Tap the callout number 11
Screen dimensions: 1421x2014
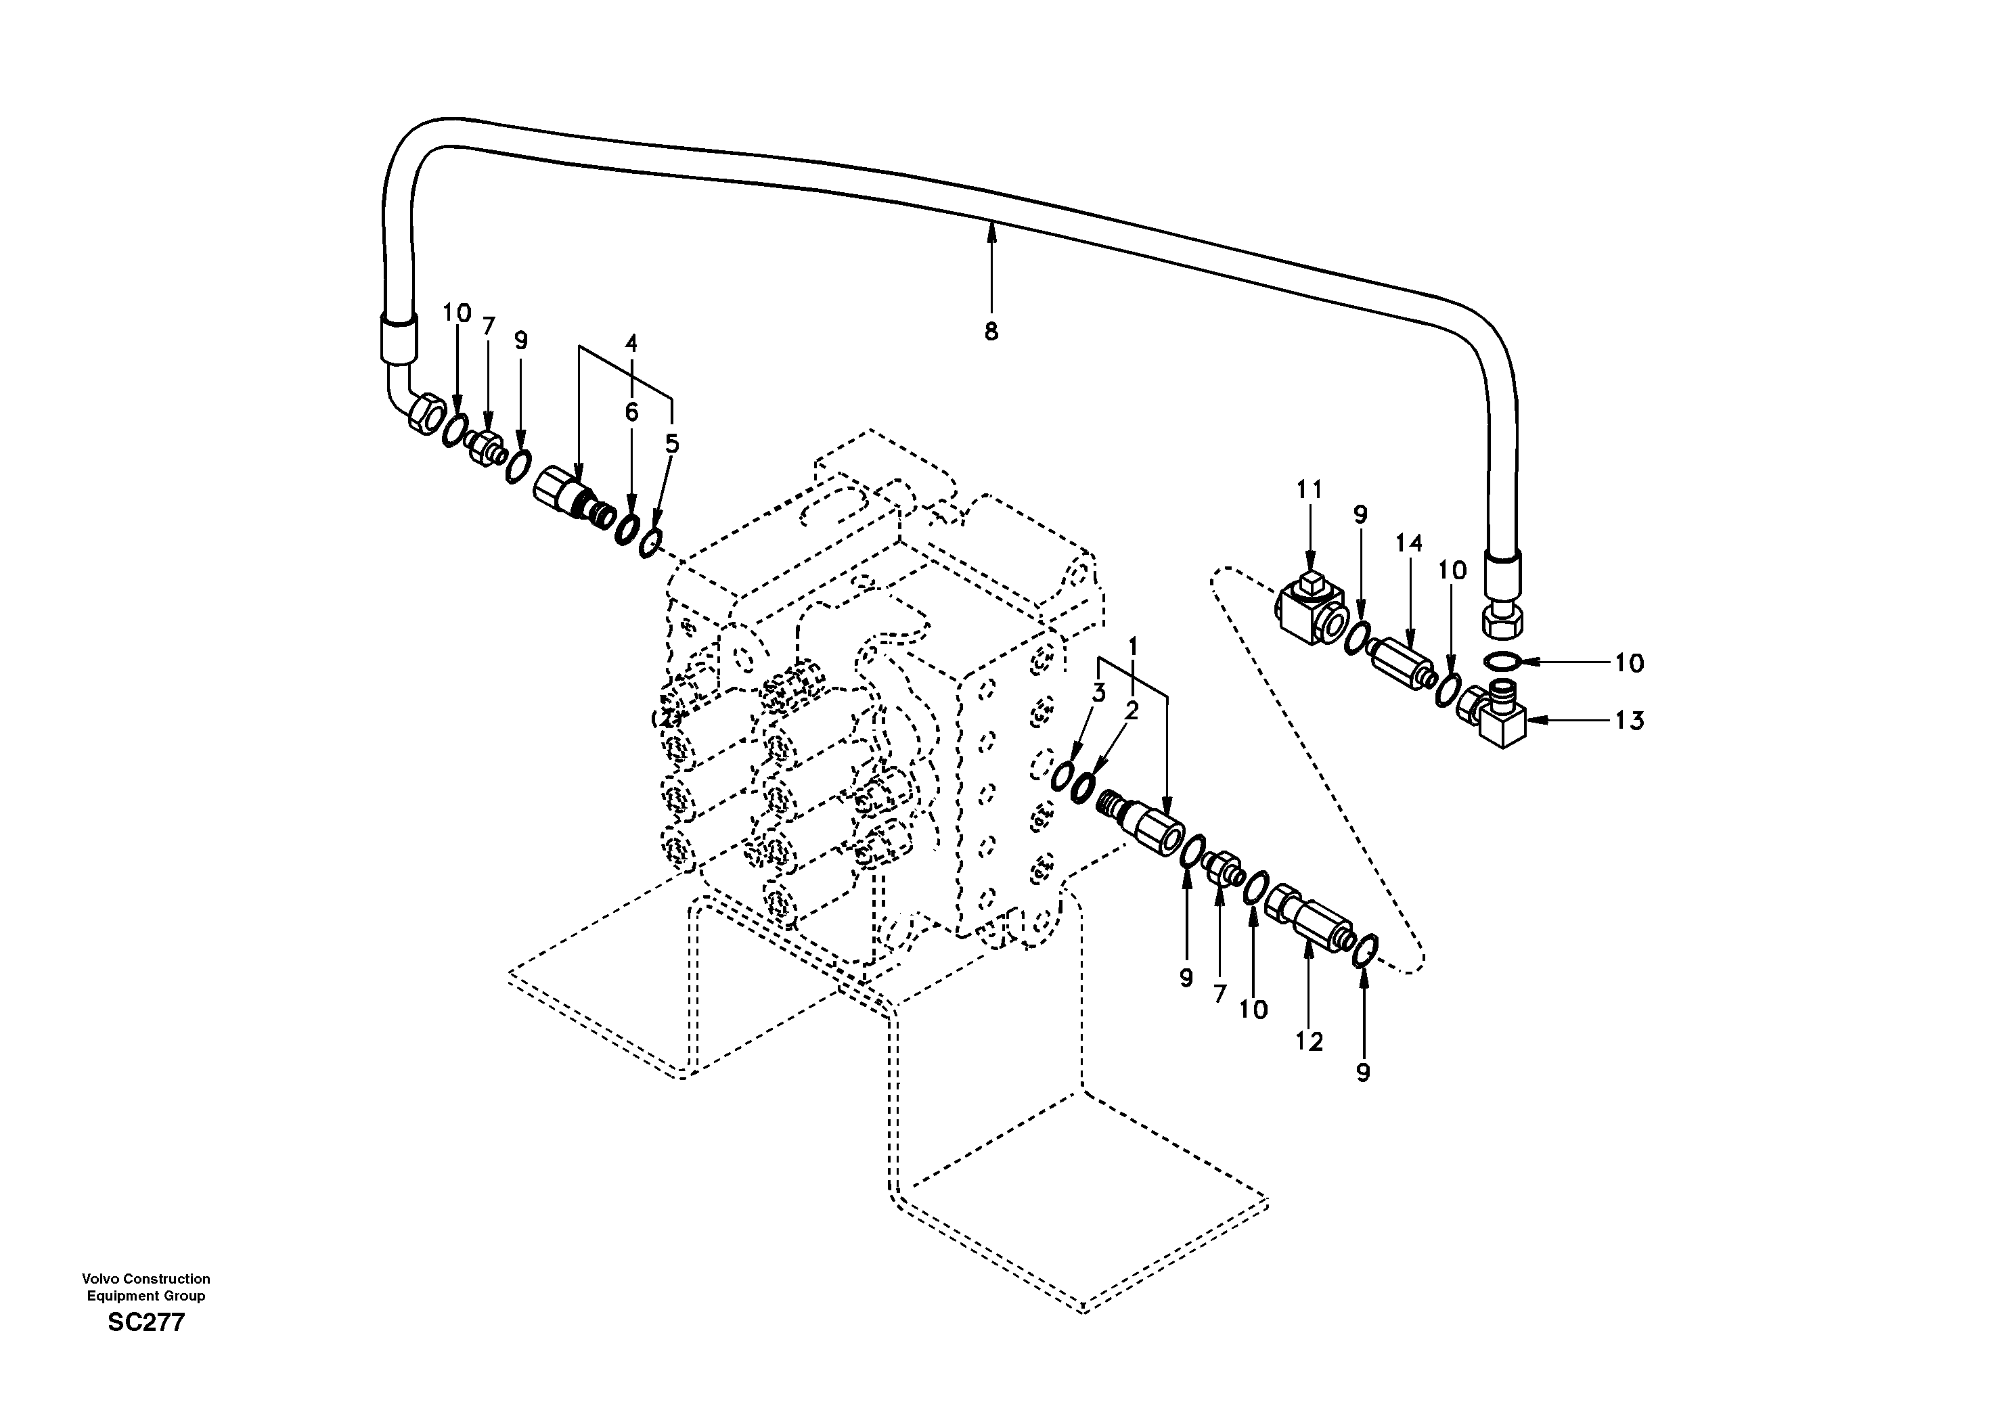(x=1309, y=489)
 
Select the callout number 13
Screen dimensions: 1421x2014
(x=1629, y=721)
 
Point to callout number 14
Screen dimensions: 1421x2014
(x=1409, y=544)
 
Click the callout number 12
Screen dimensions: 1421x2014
(x=1309, y=1041)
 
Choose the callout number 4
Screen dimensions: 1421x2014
(x=631, y=344)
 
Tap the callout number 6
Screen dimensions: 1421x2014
(x=631, y=411)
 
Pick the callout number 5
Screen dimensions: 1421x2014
(x=672, y=444)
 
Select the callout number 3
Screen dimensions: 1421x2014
(x=1098, y=693)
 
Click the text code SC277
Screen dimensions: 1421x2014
(x=146, y=1323)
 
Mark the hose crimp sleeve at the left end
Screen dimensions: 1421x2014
(x=397, y=338)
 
